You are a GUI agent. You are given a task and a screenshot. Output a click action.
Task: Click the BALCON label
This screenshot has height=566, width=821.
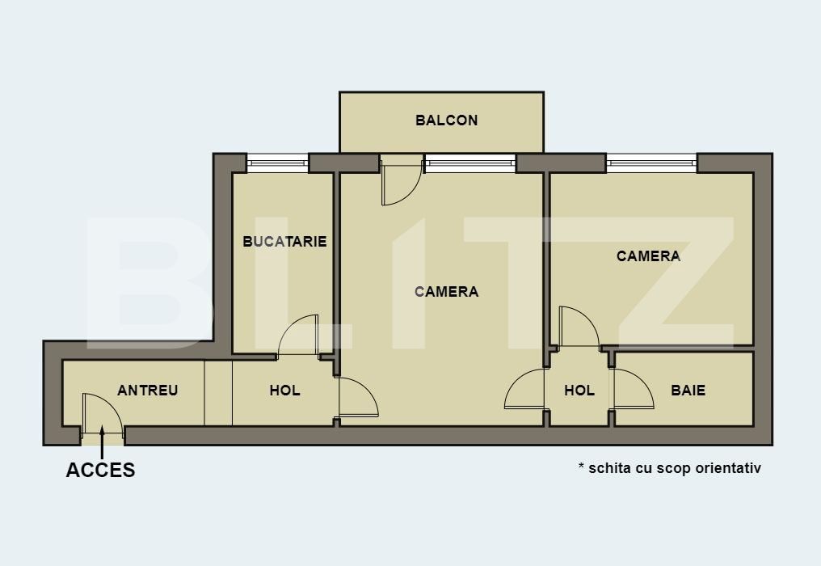(446, 120)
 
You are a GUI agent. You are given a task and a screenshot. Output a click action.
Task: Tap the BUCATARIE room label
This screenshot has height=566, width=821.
(284, 241)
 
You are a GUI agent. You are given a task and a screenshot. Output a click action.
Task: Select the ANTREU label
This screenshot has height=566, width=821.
(147, 391)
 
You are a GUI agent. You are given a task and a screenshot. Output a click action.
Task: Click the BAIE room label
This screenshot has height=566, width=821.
(688, 391)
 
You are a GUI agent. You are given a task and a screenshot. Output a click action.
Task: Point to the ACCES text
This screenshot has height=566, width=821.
(100, 470)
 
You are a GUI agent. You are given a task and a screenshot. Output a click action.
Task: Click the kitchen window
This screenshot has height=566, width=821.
(278, 163)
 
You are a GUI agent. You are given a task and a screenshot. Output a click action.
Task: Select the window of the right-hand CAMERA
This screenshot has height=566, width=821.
(651, 163)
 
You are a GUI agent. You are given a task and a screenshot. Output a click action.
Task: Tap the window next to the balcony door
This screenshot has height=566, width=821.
(469, 163)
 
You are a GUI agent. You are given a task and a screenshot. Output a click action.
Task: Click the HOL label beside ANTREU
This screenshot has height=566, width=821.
(284, 391)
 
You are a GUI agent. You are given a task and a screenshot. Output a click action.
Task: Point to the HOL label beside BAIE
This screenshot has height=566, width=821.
(579, 391)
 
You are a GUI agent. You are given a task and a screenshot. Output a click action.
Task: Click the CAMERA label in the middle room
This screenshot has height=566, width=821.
(446, 292)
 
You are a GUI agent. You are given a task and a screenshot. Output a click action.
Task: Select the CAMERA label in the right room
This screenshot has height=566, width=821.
(648, 256)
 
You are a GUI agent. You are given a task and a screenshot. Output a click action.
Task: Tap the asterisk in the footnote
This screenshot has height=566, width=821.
(581, 467)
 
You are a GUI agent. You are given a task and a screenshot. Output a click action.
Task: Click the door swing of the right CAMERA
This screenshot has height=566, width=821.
(577, 327)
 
